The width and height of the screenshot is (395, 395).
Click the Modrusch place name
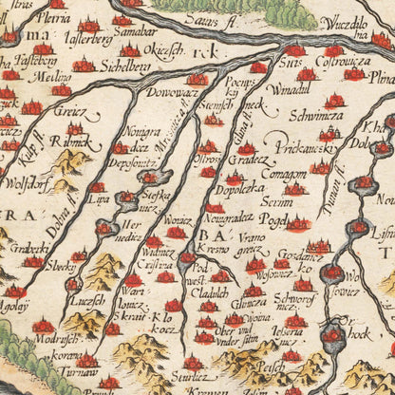[x=50, y=339]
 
